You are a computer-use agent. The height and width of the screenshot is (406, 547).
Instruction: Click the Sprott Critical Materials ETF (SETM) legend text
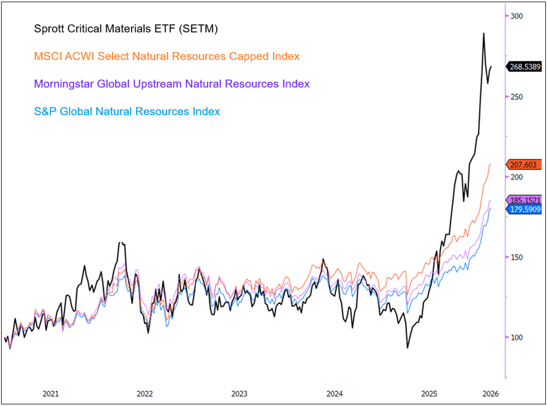[126, 29]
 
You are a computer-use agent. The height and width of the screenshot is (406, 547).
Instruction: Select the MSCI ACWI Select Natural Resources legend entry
[167, 56]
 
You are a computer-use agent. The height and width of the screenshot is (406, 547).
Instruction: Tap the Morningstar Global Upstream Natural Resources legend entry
[172, 84]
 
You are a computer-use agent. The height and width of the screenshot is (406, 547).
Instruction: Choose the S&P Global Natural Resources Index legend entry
[127, 112]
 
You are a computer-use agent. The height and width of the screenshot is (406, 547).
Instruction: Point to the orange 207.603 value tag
[524, 164]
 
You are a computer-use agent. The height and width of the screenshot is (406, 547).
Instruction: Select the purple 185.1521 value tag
[524, 200]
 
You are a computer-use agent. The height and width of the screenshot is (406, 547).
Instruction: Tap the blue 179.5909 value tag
[524, 208]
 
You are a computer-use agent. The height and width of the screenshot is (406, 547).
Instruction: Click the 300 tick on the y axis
[517, 16]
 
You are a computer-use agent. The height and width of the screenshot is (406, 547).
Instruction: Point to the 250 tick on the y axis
[517, 97]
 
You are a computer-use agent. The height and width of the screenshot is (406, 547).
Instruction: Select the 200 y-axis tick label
[517, 177]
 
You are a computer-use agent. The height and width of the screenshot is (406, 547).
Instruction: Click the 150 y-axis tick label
[517, 257]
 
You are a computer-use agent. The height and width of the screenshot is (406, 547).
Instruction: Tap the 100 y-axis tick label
[517, 338]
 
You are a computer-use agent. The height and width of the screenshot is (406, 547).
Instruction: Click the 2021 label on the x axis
[51, 393]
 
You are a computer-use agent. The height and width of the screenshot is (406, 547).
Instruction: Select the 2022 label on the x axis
[145, 393]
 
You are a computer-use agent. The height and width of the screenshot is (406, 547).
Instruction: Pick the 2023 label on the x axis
[240, 393]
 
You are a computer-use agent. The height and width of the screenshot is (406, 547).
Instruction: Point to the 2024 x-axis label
[334, 393]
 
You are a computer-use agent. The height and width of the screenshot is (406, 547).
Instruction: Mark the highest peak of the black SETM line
[484, 33]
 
